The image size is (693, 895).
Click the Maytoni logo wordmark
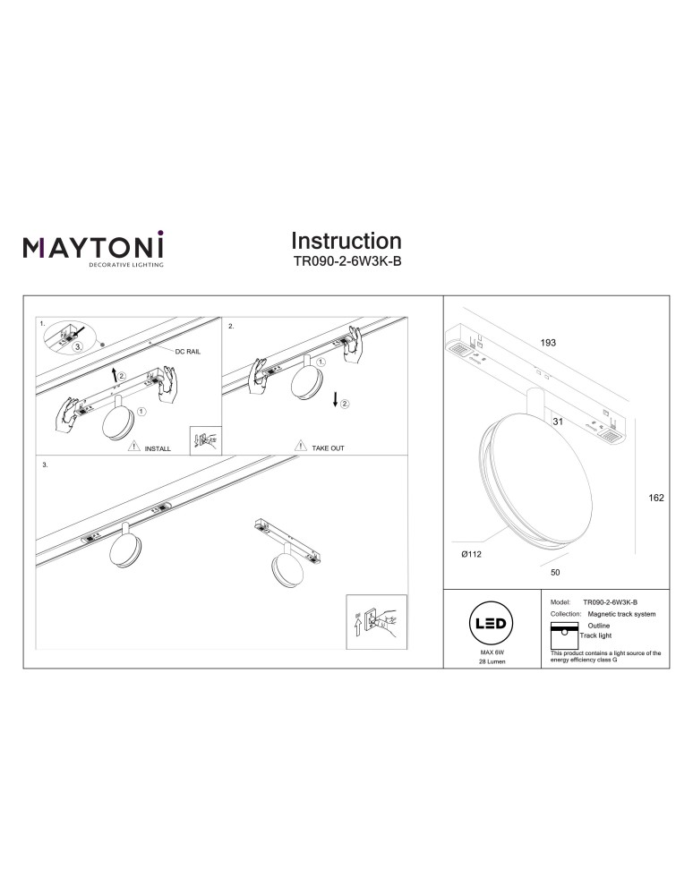click(x=93, y=246)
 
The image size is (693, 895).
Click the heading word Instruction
click(x=346, y=241)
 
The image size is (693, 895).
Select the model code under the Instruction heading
click(x=346, y=263)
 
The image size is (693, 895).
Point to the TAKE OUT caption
click(x=328, y=447)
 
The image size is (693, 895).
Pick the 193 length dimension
click(x=548, y=344)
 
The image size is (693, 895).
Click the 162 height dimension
click(x=655, y=499)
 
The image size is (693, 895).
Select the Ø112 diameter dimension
click(x=472, y=556)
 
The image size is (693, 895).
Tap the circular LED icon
click(x=490, y=623)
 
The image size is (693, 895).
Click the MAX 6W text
click(x=490, y=654)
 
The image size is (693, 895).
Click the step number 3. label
click(x=46, y=466)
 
